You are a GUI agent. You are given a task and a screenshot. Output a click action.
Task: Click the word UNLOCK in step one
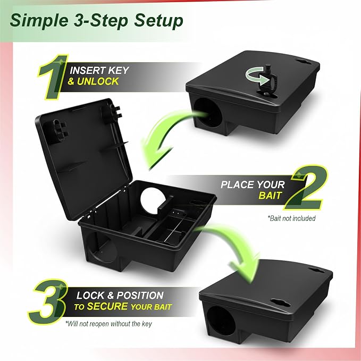coord(98,81)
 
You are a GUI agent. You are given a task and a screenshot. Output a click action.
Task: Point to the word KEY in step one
coord(119,71)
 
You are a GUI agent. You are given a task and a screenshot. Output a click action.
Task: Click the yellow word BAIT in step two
coord(270,196)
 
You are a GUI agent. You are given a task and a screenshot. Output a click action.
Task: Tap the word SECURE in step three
coord(107,306)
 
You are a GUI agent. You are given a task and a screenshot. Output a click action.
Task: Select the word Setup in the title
coord(158,20)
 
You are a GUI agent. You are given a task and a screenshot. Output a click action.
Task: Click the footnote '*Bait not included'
coord(291,218)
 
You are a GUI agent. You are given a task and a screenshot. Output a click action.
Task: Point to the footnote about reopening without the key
coord(108,324)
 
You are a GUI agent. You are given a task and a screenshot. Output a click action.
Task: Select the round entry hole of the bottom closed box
coord(220,321)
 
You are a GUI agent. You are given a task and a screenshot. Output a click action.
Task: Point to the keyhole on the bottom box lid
coord(280,303)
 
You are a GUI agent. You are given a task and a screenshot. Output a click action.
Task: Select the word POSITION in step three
coord(140,296)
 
